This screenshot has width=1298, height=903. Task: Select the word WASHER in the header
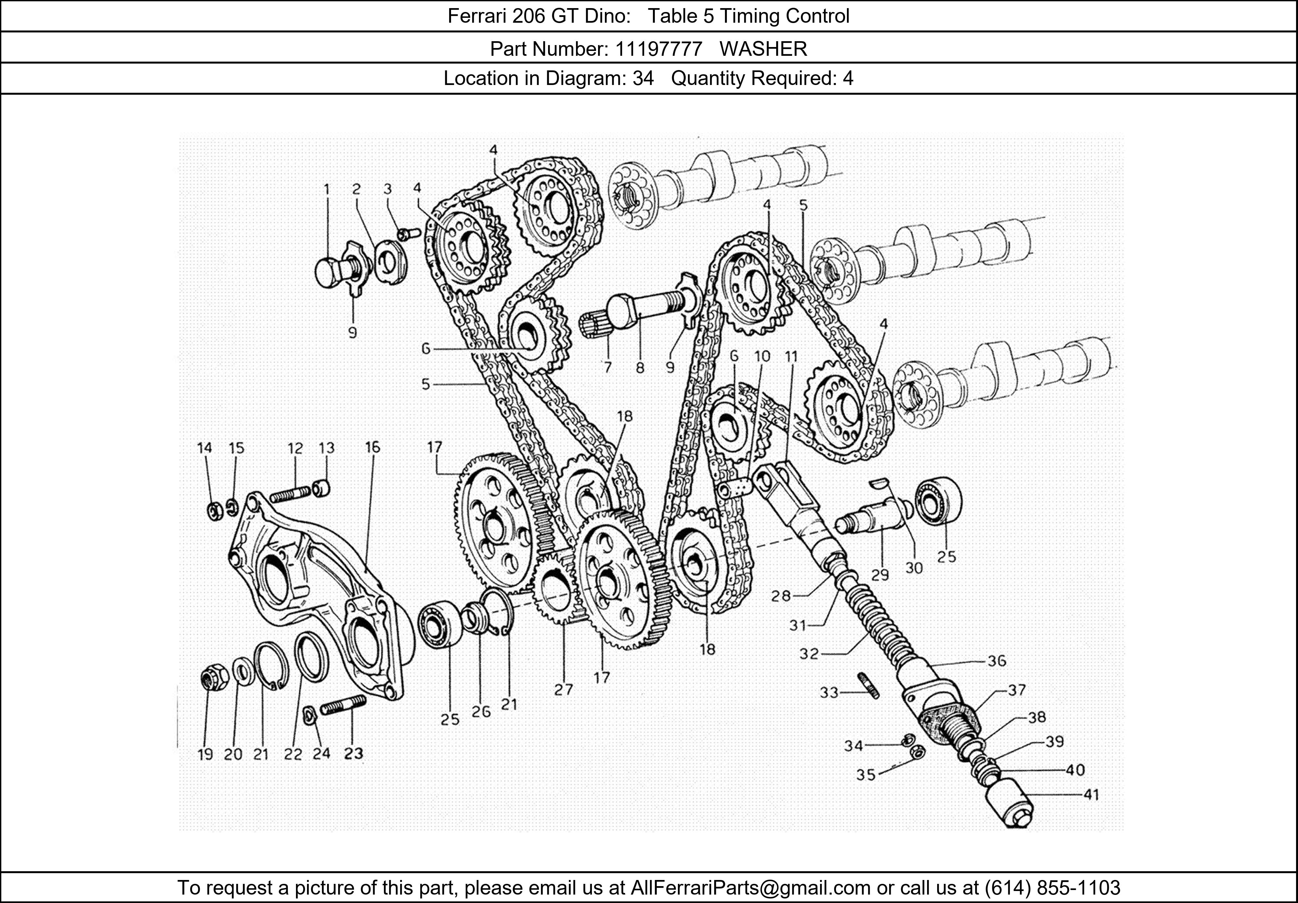[x=763, y=49]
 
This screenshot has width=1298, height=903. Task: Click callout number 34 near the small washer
[x=854, y=746]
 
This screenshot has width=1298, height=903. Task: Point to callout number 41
[x=1091, y=795]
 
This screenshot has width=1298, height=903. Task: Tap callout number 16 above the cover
[x=372, y=448]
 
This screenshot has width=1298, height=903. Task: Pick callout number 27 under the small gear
[x=564, y=689]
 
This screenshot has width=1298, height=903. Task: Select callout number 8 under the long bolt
[x=640, y=368]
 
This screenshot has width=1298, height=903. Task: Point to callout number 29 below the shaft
[x=880, y=575]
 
